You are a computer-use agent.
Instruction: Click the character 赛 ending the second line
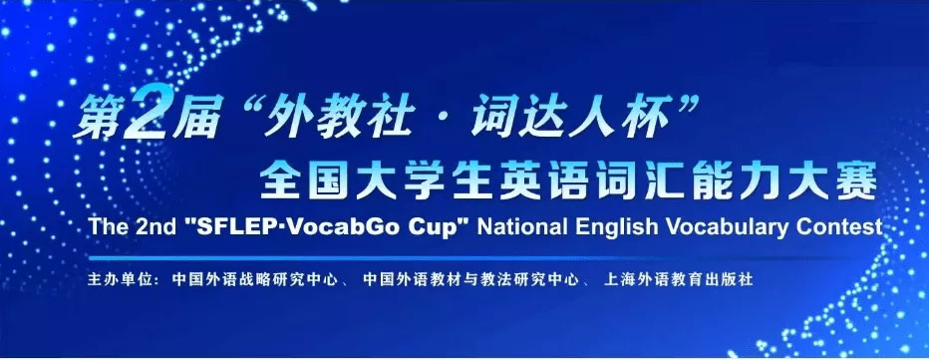click(858, 180)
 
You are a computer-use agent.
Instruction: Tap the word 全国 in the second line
click(301, 180)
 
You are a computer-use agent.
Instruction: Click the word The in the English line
click(106, 227)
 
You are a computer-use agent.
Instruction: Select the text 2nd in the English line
click(153, 227)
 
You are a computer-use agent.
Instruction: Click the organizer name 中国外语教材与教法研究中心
click(471, 279)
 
